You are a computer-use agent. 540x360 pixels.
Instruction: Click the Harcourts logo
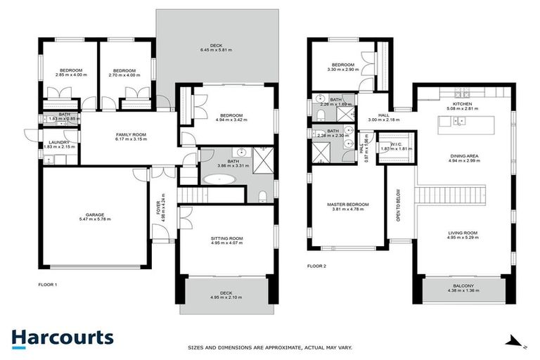pyautogui.click(x=62, y=337)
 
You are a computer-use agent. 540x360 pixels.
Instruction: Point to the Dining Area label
pyautogui.click(x=463, y=157)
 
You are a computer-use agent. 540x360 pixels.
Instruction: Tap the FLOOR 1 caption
pyautogui.click(x=47, y=285)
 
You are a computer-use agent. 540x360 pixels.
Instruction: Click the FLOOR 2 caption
pyautogui.click(x=317, y=266)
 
